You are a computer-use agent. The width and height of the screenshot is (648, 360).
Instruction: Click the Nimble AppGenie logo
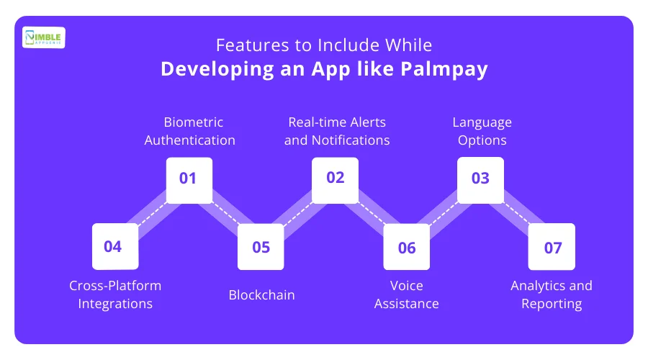tap(43, 37)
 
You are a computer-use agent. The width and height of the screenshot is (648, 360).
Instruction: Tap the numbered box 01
tap(189, 180)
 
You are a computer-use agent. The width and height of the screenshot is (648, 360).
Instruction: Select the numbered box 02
tap(335, 180)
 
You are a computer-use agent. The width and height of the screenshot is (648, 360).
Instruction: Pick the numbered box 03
tap(481, 180)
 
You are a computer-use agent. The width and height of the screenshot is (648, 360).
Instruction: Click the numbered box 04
tap(115, 246)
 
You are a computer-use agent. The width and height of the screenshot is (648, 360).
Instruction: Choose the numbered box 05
tap(261, 247)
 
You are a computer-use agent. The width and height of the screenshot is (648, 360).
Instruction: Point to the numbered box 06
tap(407, 247)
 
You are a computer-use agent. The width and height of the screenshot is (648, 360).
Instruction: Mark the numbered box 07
tap(552, 247)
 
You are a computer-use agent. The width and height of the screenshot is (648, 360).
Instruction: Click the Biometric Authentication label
tap(189, 131)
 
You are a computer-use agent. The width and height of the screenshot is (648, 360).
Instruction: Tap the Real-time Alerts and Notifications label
tap(337, 131)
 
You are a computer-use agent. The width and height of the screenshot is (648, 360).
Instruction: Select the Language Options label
tap(482, 131)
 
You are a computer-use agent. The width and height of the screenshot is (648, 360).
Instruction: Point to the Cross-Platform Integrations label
tap(115, 294)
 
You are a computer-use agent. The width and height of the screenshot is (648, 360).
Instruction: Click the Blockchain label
tap(261, 294)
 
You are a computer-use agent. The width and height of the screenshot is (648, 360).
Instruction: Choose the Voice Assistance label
tap(407, 294)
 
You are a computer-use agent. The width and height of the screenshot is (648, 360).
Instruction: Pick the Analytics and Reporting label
tap(552, 294)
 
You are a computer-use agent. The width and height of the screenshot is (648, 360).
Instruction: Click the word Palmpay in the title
tap(444, 69)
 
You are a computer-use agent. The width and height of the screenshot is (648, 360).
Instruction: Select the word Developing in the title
tap(217, 69)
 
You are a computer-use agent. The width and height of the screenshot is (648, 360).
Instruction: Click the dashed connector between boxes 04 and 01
tap(153, 214)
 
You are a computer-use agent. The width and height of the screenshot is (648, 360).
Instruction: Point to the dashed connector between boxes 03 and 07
tap(516, 214)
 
